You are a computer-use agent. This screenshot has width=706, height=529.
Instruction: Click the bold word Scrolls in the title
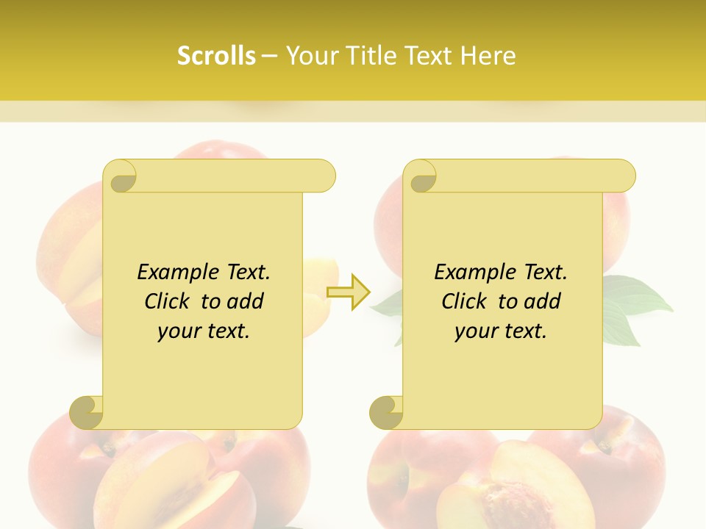point(216,56)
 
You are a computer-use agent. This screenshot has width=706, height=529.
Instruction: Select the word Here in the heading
point(488,56)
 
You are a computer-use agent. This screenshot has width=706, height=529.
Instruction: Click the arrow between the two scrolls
point(349,292)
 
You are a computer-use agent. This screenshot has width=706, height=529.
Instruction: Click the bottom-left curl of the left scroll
point(87,412)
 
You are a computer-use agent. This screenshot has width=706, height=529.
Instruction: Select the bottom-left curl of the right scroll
point(386,412)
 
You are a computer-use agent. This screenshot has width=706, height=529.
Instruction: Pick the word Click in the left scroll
point(168,301)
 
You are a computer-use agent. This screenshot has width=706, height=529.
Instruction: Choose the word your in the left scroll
point(178,331)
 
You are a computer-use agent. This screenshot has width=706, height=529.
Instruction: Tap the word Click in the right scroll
point(465,301)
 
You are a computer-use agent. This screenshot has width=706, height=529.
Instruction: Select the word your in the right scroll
point(475,331)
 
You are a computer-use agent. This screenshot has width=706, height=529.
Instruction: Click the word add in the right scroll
point(541,301)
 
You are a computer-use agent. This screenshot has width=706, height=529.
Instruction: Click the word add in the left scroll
point(244,301)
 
